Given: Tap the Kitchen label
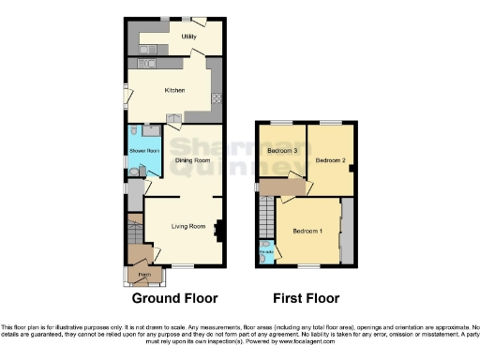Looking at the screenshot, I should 173,90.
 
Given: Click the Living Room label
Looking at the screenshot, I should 187,226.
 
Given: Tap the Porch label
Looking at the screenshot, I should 143,274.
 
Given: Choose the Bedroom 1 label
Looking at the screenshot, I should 307,231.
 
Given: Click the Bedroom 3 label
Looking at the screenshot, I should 282,150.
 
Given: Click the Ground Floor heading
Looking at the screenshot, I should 174,298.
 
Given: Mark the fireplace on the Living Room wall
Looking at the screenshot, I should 219,228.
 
